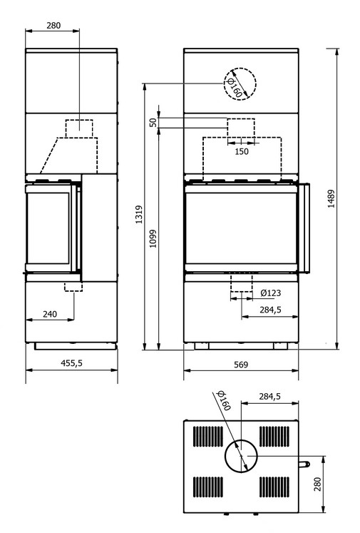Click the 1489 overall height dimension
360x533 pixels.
pos(331,199)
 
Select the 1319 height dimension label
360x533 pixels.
pos(139,214)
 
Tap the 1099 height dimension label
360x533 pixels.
pos(153,238)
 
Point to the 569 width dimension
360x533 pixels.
pos(241,365)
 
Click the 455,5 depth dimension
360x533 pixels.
pos(72,363)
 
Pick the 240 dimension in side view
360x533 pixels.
pos(50,314)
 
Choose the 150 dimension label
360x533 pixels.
pos(242,151)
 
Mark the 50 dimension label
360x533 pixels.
pos(153,123)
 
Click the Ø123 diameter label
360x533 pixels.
pos(271,293)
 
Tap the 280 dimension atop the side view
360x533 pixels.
pos(53,26)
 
